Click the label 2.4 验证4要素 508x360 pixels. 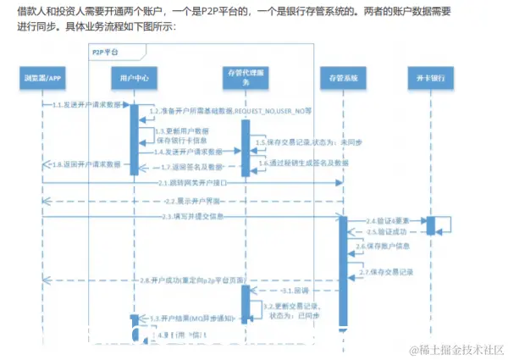pyautogui.click(x=386, y=219)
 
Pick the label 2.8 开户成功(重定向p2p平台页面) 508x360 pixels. pyautogui.click(x=195, y=280)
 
